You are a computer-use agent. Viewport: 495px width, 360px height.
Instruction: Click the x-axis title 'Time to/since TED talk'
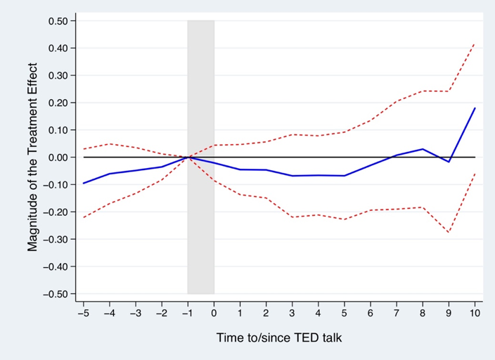(278, 338)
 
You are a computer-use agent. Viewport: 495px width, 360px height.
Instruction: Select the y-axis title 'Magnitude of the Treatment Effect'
(32, 157)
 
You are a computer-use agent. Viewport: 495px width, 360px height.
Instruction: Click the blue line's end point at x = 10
(475, 108)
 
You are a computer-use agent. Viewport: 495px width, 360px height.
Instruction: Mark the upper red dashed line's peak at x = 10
(475, 44)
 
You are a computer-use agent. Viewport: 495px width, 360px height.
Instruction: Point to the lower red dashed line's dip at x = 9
(449, 232)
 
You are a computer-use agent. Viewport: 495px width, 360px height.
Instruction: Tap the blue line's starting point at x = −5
(84, 184)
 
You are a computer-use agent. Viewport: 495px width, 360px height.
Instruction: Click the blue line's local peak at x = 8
(423, 149)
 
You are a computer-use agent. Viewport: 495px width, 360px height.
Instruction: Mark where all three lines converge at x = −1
(188, 157)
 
